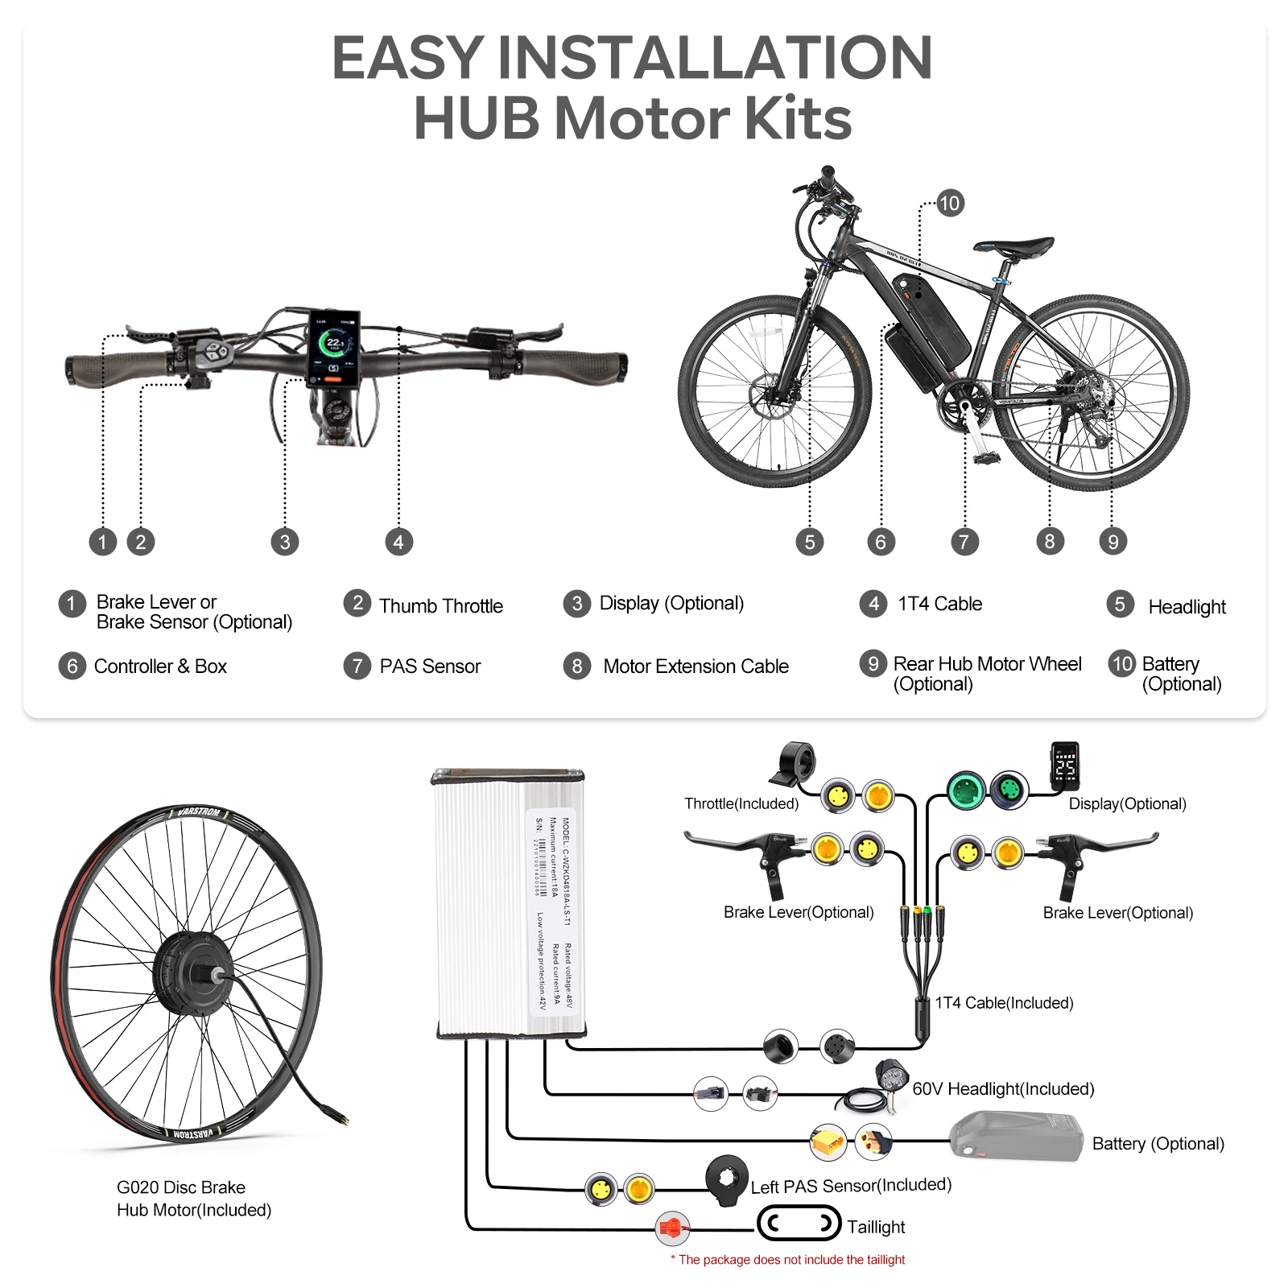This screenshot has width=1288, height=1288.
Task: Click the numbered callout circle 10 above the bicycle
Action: point(950,203)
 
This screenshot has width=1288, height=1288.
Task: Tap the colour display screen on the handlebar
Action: point(333,348)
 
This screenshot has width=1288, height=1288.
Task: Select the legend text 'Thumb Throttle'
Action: point(440,606)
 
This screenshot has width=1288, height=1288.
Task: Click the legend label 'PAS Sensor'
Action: point(430,667)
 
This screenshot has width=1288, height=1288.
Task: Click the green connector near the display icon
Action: point(967,791)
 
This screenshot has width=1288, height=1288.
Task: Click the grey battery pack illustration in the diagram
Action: point(1017,1136)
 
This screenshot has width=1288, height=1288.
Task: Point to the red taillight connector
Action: point(671,1228)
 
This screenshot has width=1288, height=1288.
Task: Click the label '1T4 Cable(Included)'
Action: point(1004,1003)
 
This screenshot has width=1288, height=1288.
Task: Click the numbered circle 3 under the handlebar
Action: point(284,542)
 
